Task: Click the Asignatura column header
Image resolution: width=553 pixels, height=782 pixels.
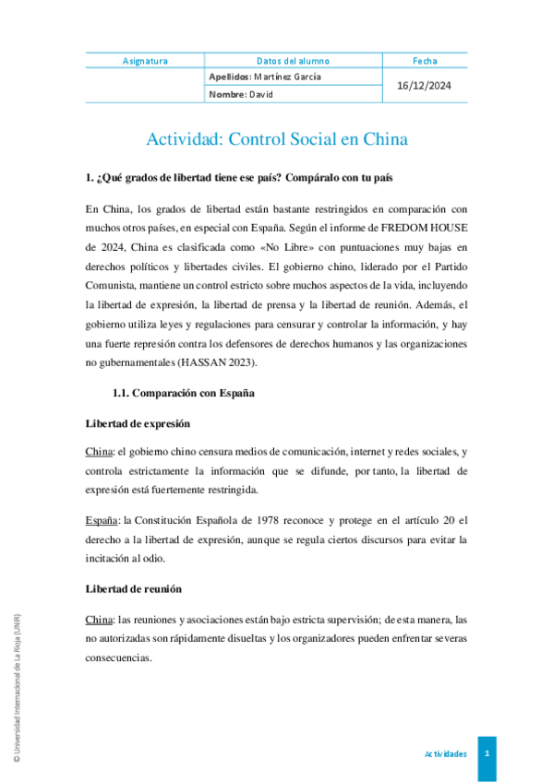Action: (x=145, y=61)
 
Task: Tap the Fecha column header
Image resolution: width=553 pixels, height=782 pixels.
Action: (x=425, y=61)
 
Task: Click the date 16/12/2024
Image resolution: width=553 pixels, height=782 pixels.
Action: (x=425, y=86)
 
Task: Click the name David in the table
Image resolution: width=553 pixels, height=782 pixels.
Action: (x=259, y=94)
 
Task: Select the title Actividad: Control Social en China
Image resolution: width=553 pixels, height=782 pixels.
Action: (x=277, y=140)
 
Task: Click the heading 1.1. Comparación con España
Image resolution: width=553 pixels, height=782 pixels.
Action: (x=184, y=393)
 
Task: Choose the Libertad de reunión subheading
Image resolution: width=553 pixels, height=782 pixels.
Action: (x=133, y=587)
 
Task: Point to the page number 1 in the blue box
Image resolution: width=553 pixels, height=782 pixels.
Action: (x=487, y=753)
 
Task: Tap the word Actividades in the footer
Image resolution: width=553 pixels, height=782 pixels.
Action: (x=445, y=753)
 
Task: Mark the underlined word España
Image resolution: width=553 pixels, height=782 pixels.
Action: (x=102, y=519)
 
